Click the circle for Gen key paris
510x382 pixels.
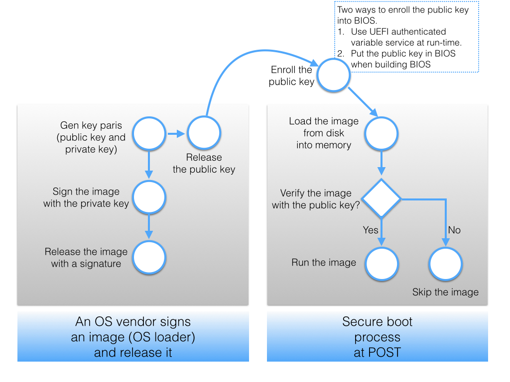(149, 133)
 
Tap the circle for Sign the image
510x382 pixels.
(149, 197)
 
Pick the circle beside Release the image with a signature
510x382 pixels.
(149, 258)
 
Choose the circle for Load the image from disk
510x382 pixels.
(382, 133)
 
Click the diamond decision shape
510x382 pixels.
(382, 198)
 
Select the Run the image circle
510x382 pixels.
(382, 264)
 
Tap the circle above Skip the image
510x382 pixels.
(446, 264)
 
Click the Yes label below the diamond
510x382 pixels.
(371, 230)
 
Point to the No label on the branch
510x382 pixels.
(454, 230)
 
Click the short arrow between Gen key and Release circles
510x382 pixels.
(176, 133)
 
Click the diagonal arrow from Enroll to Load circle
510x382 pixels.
(363, 102)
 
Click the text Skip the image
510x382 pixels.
(445, 292)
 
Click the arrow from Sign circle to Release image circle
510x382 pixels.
(149, 227)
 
